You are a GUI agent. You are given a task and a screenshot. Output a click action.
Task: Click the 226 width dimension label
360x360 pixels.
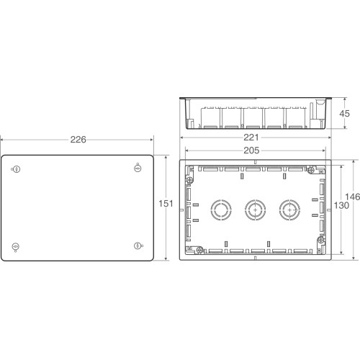coord(78,140)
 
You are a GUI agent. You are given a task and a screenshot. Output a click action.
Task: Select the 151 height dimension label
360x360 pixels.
coord(166,204)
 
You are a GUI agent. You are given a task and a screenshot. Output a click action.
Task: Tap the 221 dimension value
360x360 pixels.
coord(251,138)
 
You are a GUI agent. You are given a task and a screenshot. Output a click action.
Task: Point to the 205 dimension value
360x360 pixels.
coord(251,150)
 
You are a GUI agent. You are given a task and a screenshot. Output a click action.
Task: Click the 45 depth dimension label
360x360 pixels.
coord(344,114)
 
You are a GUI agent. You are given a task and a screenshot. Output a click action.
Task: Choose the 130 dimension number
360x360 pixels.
coord(341,205)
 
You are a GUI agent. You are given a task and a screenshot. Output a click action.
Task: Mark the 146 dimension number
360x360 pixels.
coord(352,197)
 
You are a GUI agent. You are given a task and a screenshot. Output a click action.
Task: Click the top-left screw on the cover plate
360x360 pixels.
coord(17,169)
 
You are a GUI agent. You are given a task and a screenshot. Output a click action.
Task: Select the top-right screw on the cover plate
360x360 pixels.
coord(138,168)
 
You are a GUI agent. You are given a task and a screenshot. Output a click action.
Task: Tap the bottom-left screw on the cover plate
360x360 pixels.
coord(16,247)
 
